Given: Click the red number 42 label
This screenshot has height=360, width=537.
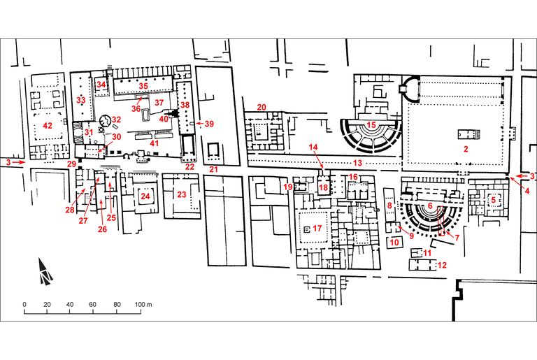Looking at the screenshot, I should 47,126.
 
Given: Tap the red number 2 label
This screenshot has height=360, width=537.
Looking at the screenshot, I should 465,150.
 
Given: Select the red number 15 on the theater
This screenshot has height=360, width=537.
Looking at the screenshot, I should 372,125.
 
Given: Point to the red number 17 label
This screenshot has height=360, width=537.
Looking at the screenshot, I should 317,228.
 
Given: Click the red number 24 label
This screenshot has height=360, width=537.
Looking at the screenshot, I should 145,196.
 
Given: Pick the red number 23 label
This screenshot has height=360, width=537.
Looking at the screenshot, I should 182,194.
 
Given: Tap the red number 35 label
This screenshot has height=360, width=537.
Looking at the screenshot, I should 143,86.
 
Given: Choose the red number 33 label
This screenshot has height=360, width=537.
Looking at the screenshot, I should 80,101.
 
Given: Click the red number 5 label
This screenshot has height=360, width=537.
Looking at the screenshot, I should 494,199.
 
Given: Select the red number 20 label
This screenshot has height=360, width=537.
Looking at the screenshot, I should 262,107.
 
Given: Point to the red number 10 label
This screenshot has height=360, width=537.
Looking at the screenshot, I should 394,243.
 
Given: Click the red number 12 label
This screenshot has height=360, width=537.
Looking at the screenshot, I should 441,266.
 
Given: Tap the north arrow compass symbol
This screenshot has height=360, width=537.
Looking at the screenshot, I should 45,271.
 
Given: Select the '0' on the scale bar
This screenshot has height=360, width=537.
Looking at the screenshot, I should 24,305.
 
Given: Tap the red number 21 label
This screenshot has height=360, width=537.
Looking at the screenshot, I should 214,169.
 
